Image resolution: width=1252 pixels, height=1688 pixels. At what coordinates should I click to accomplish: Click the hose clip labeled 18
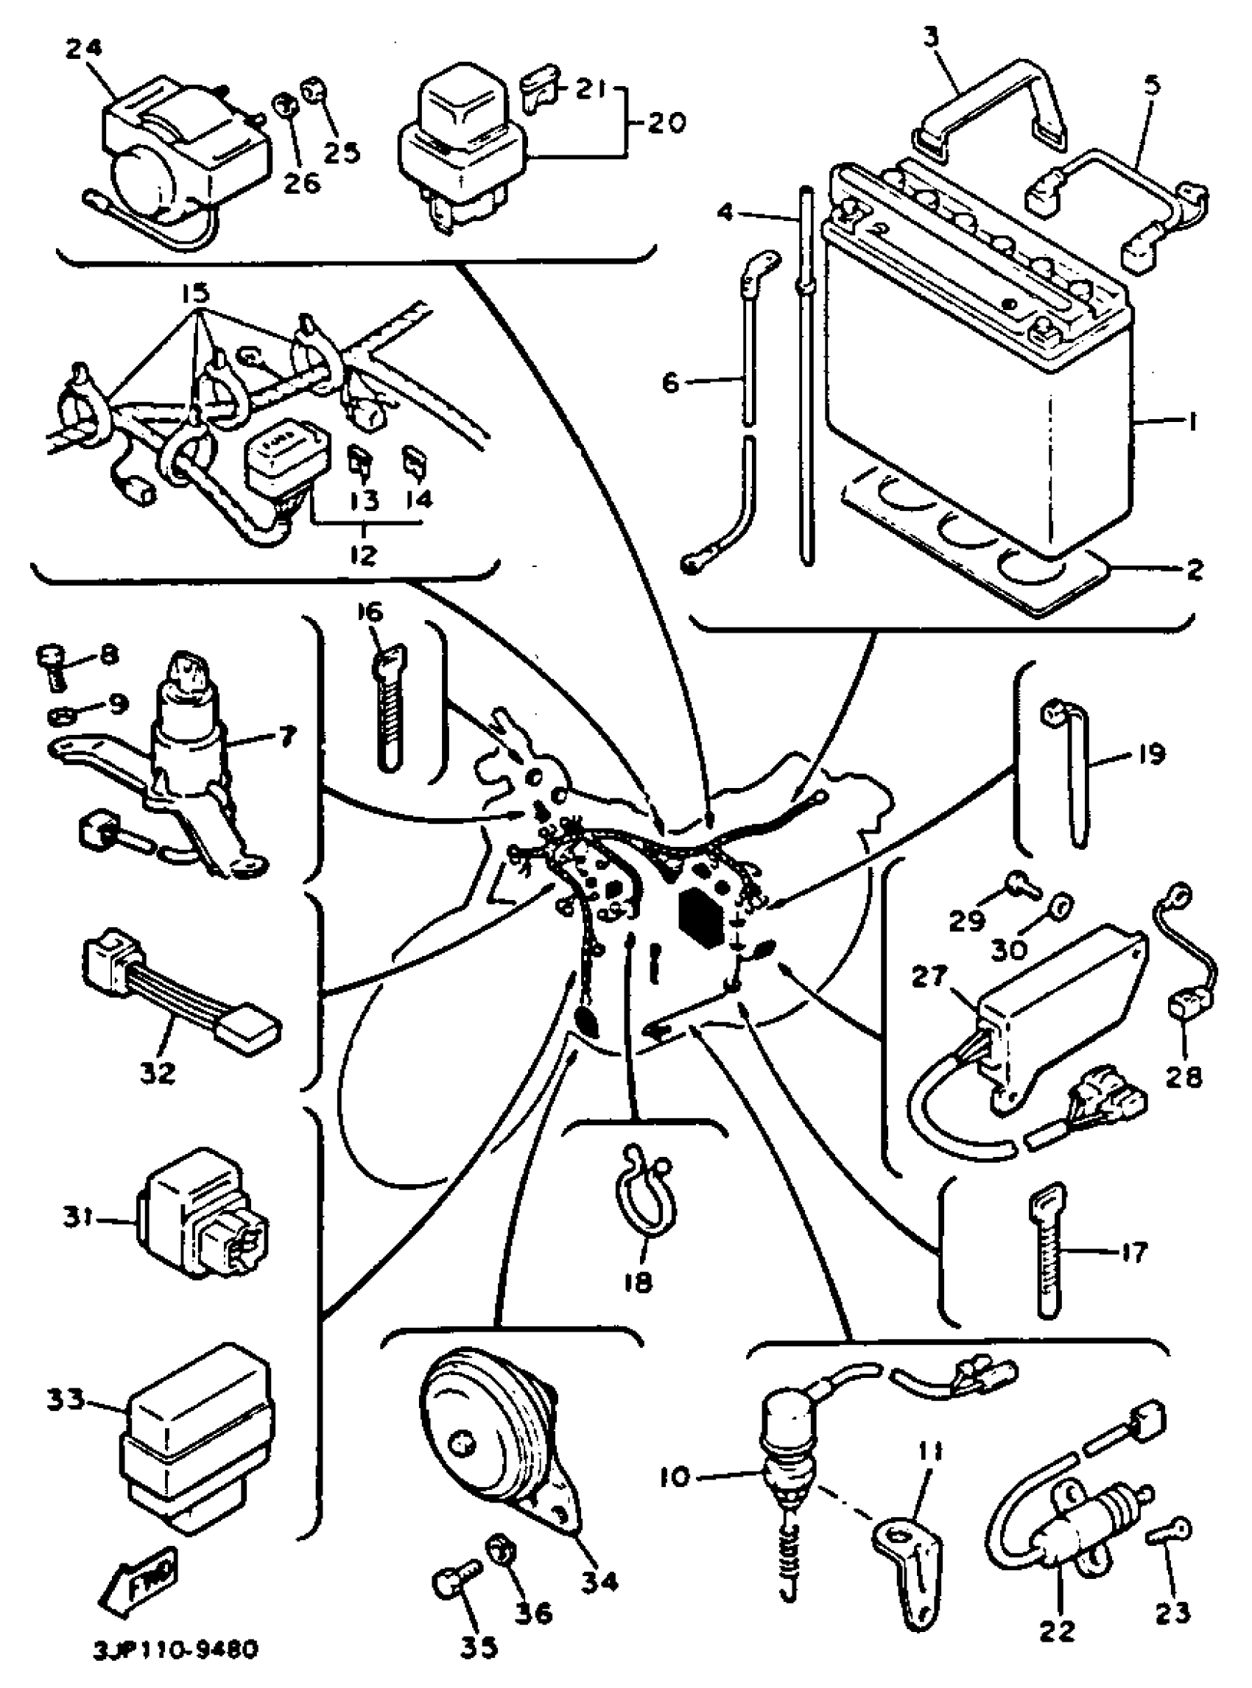coord(644,1198)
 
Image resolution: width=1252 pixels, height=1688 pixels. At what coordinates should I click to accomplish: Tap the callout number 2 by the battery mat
coord(1195,570)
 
